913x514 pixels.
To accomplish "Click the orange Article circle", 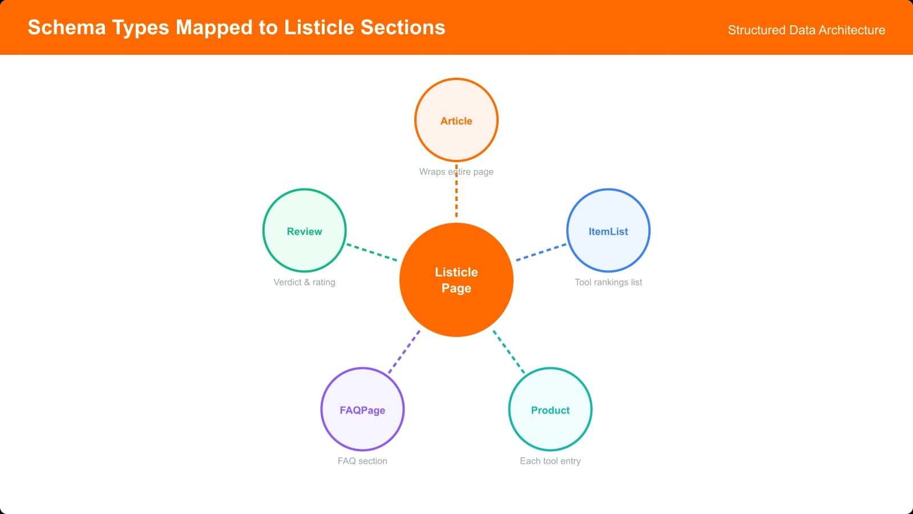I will pos(456,120).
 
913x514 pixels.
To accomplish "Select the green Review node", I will pos(304,231).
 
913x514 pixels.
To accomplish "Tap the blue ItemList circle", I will pos(608,231).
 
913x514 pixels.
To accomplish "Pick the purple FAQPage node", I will pos(362,409).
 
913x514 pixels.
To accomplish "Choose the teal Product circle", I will pos(550,409).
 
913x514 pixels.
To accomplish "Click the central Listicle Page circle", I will pos(456,280).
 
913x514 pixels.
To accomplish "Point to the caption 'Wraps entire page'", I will pos(456,171).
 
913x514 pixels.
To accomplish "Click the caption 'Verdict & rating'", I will pos(304,282).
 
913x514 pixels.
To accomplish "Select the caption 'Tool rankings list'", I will pos(608,282).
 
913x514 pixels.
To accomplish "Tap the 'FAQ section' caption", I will pos(362,461).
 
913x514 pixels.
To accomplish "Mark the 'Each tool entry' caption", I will pos(550,461).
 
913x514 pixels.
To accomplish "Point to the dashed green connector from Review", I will pos(372,252).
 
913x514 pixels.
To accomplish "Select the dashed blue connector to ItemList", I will pos(541,252).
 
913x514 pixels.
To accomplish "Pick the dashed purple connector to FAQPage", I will pos(405,351).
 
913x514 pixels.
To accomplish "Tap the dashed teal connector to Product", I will pos(508,351).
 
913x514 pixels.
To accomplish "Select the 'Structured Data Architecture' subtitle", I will pos(806,30).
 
